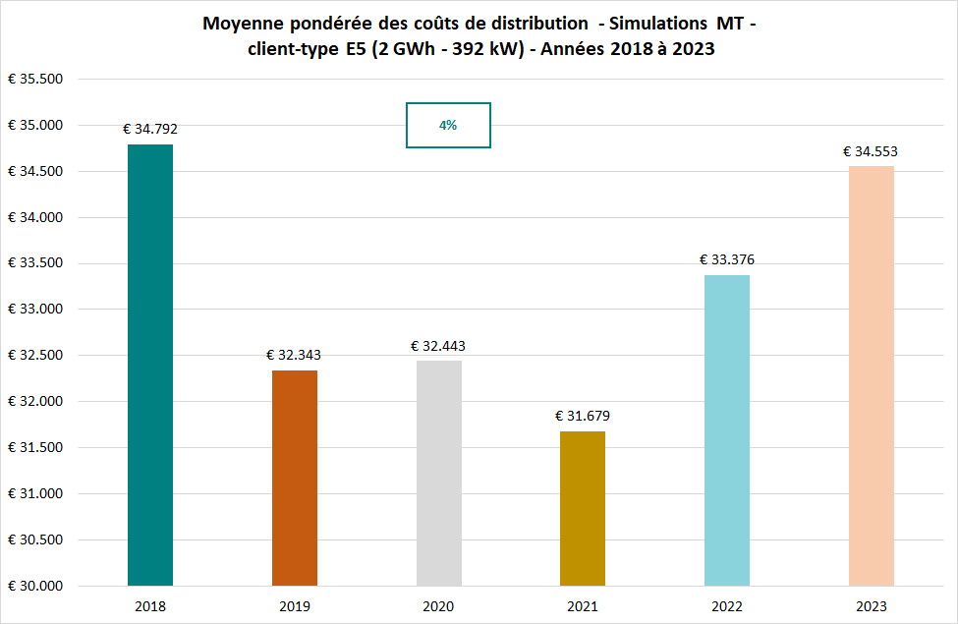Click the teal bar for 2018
pos(150,365)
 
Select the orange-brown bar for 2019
pos(295,478)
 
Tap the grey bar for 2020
pos(439,473)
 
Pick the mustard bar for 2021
pos(583,508)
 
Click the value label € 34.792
pos(150,129)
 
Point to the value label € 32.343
pos(294,355)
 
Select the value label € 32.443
pos(438,346)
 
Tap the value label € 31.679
pos(583,416)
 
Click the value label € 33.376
pos(727,259)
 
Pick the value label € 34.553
pos(871,151)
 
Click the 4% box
pos(448,126)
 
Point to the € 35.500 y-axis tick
pos(36,80)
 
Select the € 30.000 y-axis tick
pos(36,586)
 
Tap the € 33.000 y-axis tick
pos(36,310)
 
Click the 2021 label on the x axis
pos(583,606)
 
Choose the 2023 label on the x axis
pos(872,606)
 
